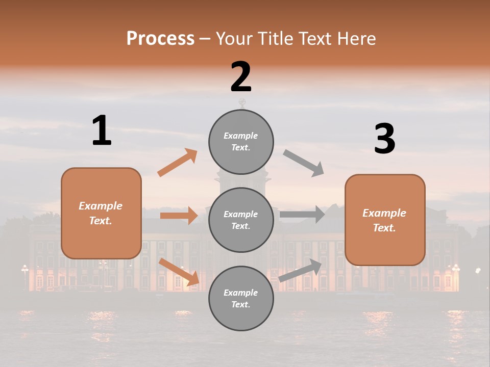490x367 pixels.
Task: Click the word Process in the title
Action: (160, 39)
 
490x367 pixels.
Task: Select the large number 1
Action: (102, 130)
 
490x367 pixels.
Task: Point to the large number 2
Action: (241, 77)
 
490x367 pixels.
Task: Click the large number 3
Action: (384, 139)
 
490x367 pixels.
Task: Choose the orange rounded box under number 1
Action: (101, 213)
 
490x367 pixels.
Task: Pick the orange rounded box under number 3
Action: (385, 220)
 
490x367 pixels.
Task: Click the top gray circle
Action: (241, 142)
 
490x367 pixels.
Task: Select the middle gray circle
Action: (241, 220)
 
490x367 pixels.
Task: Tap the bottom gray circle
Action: (241, 299)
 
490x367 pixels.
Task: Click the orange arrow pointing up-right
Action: (178, 163)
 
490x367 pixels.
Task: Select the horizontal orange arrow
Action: (179, 216)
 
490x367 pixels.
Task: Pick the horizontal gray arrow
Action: (302, 215)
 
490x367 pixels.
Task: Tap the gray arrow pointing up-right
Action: (301, 271)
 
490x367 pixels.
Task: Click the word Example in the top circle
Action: (241, 136)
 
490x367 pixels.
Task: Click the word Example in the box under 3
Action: (384, 213)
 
